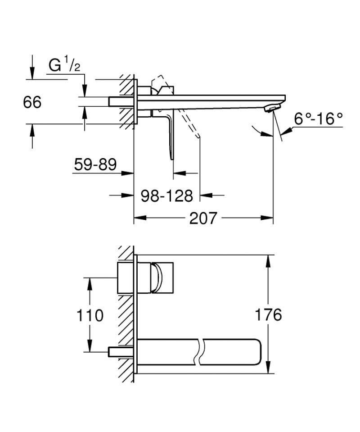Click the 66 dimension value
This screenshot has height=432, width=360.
tap(32, 102)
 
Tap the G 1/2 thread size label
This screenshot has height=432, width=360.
tap(65, 66)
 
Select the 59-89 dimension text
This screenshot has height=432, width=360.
tap(95, 165)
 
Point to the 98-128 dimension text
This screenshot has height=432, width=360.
tap(166, 196)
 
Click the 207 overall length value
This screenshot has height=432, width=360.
tap(203, 219)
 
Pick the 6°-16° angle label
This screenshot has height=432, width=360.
tap(319, 119)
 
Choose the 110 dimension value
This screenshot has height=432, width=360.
tap(90, 315)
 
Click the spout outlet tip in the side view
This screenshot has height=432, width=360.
tap(273, 109)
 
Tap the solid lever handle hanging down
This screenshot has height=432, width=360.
tap(170, 135)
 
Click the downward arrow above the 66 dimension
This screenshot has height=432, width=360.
tap(32, 73)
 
